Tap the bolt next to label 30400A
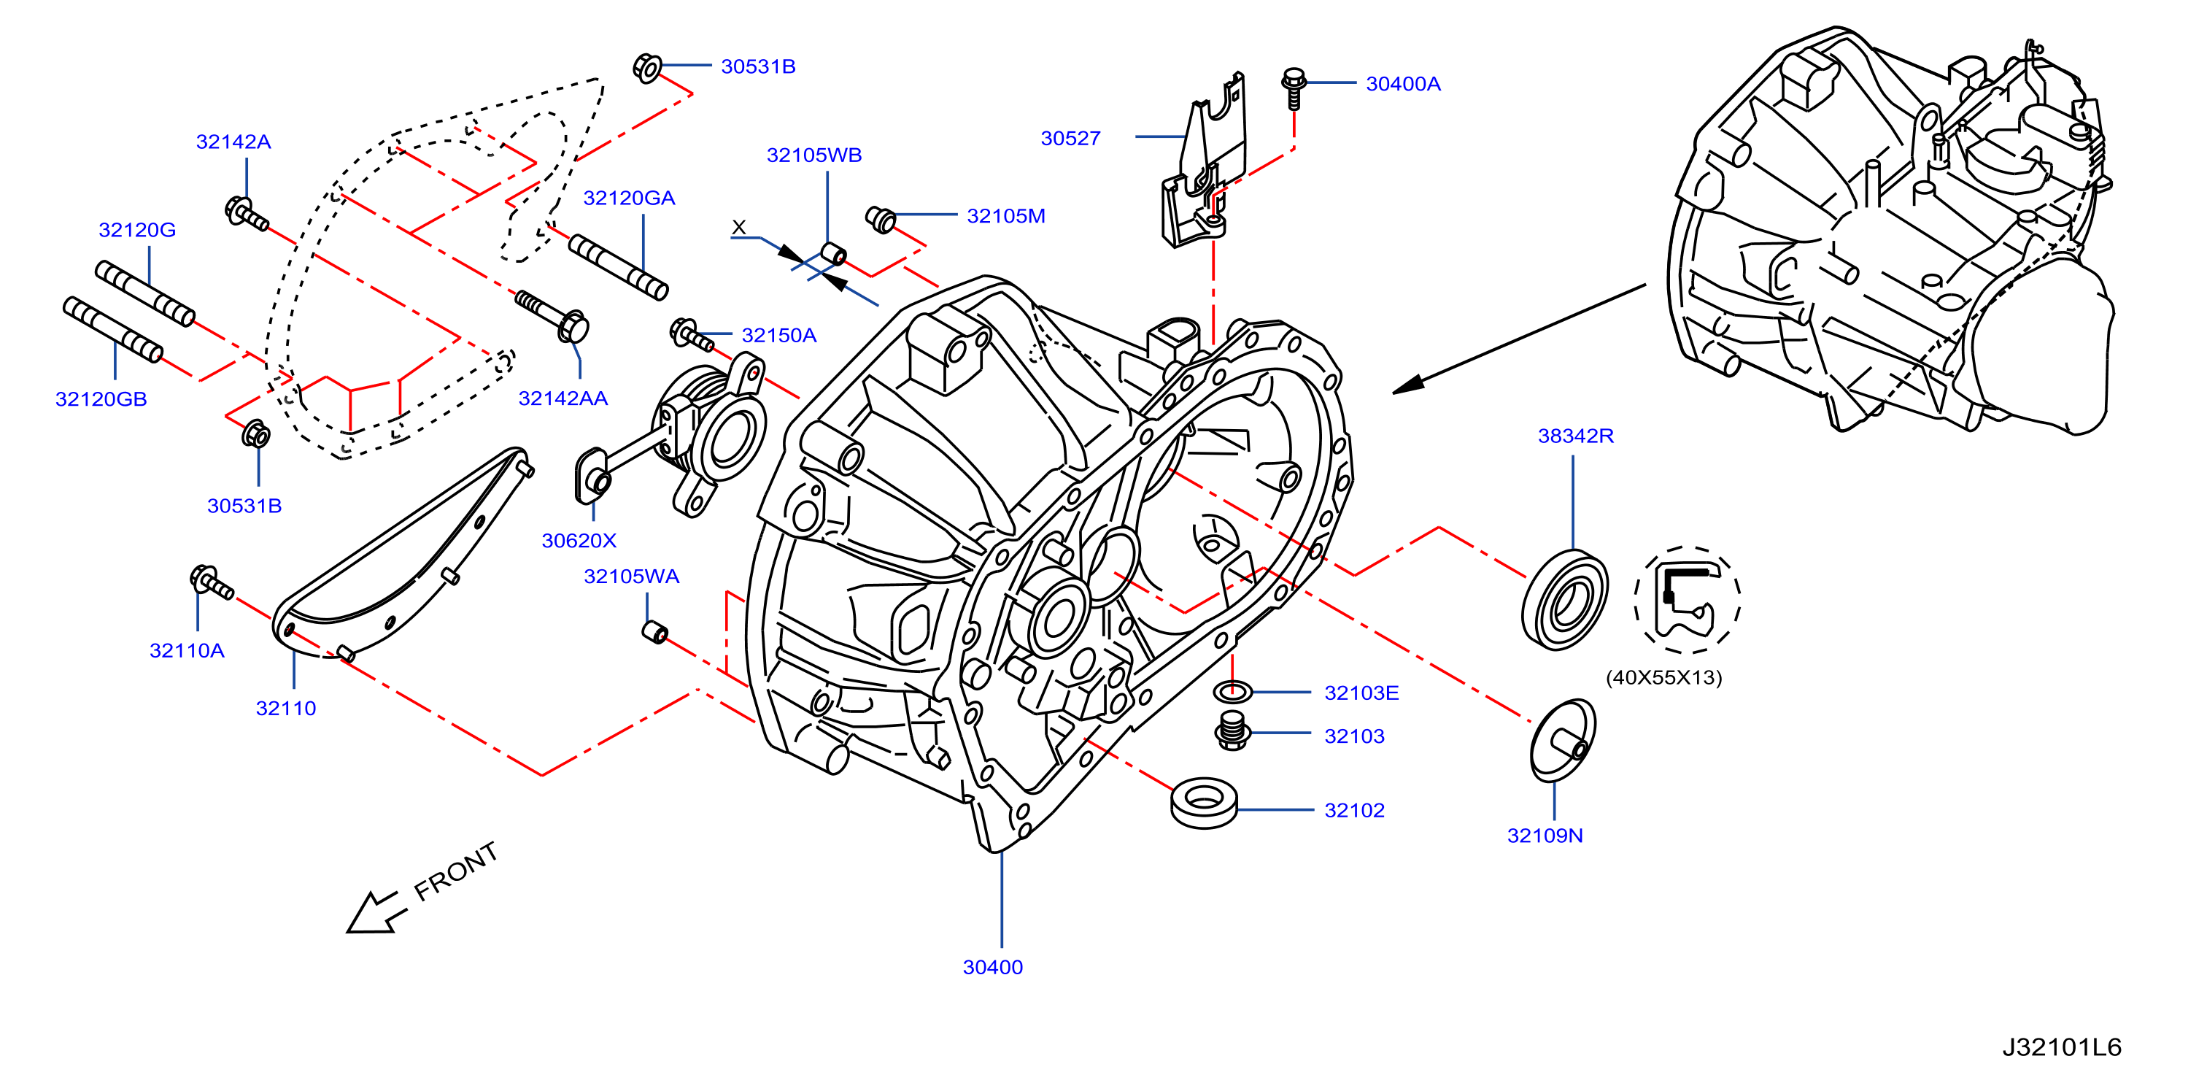(x=1294, y=88)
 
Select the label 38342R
(x=1576, y=436)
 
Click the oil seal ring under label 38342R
(x=1564, y=600)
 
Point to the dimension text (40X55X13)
(x=1663, y=678)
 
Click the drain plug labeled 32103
(x=1232, y=730)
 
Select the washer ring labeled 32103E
(x=1233, y=690)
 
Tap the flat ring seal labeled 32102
(x=1204, y=803)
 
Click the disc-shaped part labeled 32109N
(x=1564, y=740)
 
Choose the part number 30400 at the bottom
(x=993, y=968)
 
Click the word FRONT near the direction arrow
(x=456, y=871)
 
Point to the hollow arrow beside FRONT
(x=375, y=912)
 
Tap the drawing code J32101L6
(x=2061, y=1047)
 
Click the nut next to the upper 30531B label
(x=647, y=67)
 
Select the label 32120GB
(x=101, y=399)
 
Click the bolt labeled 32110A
(x=211, y=582)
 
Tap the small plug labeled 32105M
(x=881, y=220)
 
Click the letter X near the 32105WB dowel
(x=738, y=227)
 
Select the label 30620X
(x=579, y=541)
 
